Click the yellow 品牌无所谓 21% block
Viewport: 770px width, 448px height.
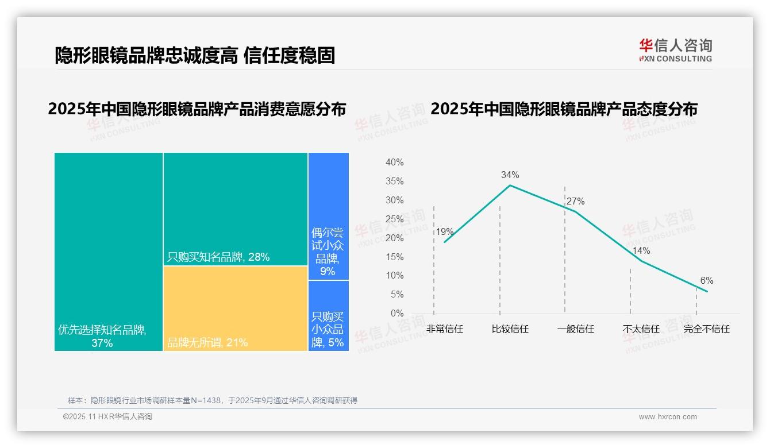(236, 308)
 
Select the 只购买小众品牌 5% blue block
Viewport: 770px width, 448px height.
(328, 316)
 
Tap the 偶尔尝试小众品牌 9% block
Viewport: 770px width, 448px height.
(328, 216)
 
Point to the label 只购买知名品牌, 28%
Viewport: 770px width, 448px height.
(218, 257)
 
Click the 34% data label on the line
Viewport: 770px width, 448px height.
(510, 175)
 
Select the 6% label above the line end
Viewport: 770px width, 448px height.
(706, 280)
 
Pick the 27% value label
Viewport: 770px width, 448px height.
(575, 201)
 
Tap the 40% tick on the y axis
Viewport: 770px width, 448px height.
(394, 163)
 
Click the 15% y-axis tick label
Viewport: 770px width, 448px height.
(394, 257)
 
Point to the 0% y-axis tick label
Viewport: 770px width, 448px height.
(396, 313)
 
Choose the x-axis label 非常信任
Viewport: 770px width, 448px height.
(444, 329)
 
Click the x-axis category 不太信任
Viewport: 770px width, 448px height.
(641, 329)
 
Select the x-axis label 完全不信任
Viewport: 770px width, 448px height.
(706, 329)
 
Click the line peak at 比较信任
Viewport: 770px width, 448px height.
(510, 185)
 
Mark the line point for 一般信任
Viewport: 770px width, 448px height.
(575, 211)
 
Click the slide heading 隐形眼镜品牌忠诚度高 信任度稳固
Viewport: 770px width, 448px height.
(195, 55)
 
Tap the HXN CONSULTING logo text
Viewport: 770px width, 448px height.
(676, 59)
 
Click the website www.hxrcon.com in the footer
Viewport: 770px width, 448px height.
(668, 417)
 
